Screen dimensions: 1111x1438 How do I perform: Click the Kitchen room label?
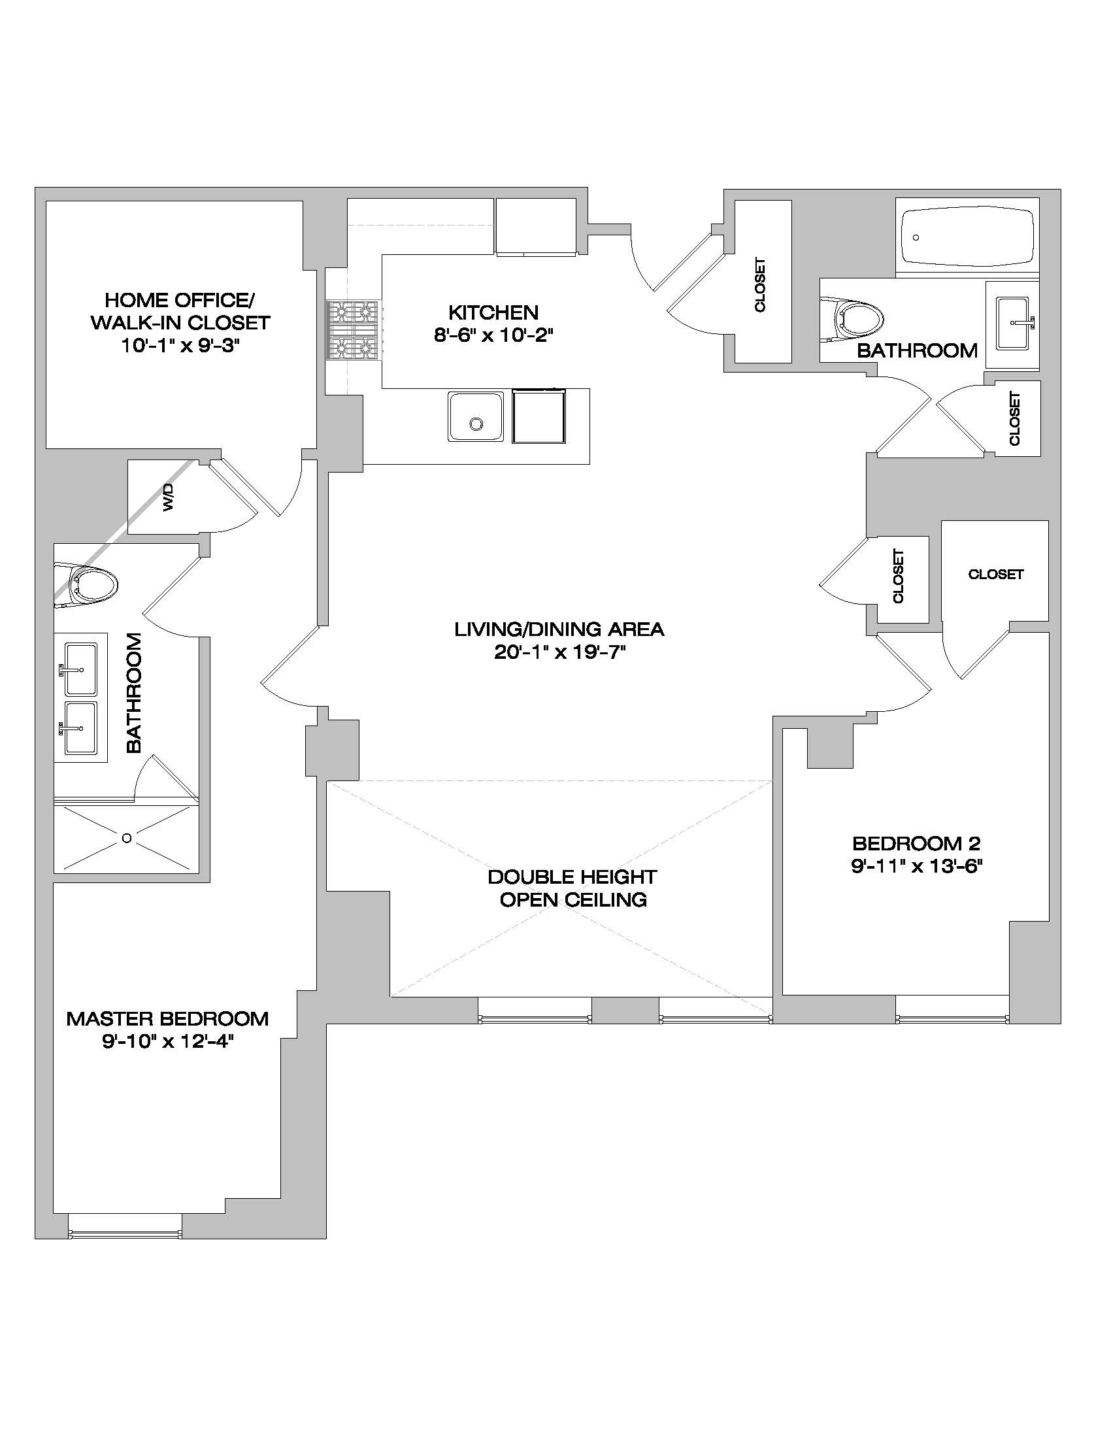coord(493,312)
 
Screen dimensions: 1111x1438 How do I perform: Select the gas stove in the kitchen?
coord(354,331)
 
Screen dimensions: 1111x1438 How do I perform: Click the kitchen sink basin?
coord(476,417)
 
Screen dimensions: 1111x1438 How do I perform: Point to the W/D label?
coord(169,497)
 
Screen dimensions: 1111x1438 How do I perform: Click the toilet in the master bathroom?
coord(90,582)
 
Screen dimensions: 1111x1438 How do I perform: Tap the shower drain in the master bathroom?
coord(126,837)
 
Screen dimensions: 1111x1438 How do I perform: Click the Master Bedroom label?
coord(168,1018)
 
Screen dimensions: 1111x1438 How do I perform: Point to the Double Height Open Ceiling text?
coord(572,888)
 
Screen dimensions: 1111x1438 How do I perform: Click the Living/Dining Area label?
coord(559,629)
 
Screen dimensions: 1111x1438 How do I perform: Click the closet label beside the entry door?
coord(760,284)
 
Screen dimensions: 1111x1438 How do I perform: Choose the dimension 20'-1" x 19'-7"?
coord(559,652)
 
